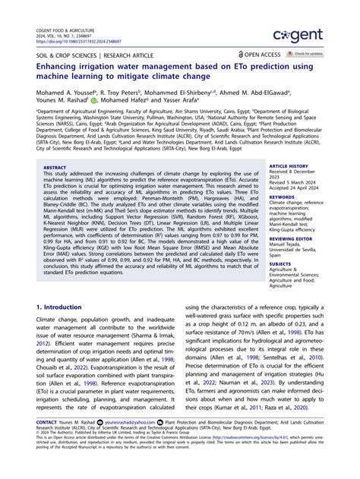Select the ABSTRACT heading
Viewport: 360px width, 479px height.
tap(55, 167)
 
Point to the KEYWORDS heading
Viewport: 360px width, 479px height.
tap(282, 197)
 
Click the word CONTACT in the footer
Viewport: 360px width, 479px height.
tap(46, 442)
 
